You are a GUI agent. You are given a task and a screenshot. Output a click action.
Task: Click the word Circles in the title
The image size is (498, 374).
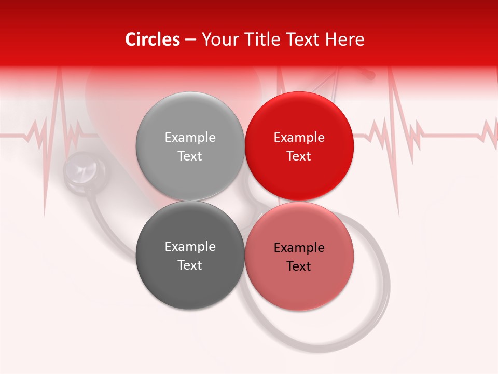coord(153,39)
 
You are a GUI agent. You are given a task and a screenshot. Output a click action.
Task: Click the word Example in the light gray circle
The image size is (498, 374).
coord(190,138)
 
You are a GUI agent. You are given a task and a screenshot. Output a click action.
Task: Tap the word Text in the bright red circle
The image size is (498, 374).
coord(299,156)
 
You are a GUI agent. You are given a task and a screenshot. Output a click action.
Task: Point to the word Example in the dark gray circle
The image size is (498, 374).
coord(190,247)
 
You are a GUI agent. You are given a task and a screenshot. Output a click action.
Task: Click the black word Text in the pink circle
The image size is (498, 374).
coord(299,266)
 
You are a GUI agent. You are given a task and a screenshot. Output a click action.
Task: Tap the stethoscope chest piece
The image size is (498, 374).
coord(85,170)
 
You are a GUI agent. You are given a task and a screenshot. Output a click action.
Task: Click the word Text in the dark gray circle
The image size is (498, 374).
coord(190,265)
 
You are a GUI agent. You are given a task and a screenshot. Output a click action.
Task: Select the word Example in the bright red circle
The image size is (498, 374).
coord(299,138)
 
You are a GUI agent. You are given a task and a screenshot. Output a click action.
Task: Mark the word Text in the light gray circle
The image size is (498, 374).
coord(190,156)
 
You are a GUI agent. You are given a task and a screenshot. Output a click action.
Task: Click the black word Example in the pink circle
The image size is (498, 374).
coord(299,248)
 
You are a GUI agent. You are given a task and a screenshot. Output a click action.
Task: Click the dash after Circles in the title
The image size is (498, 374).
coord(190,40)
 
